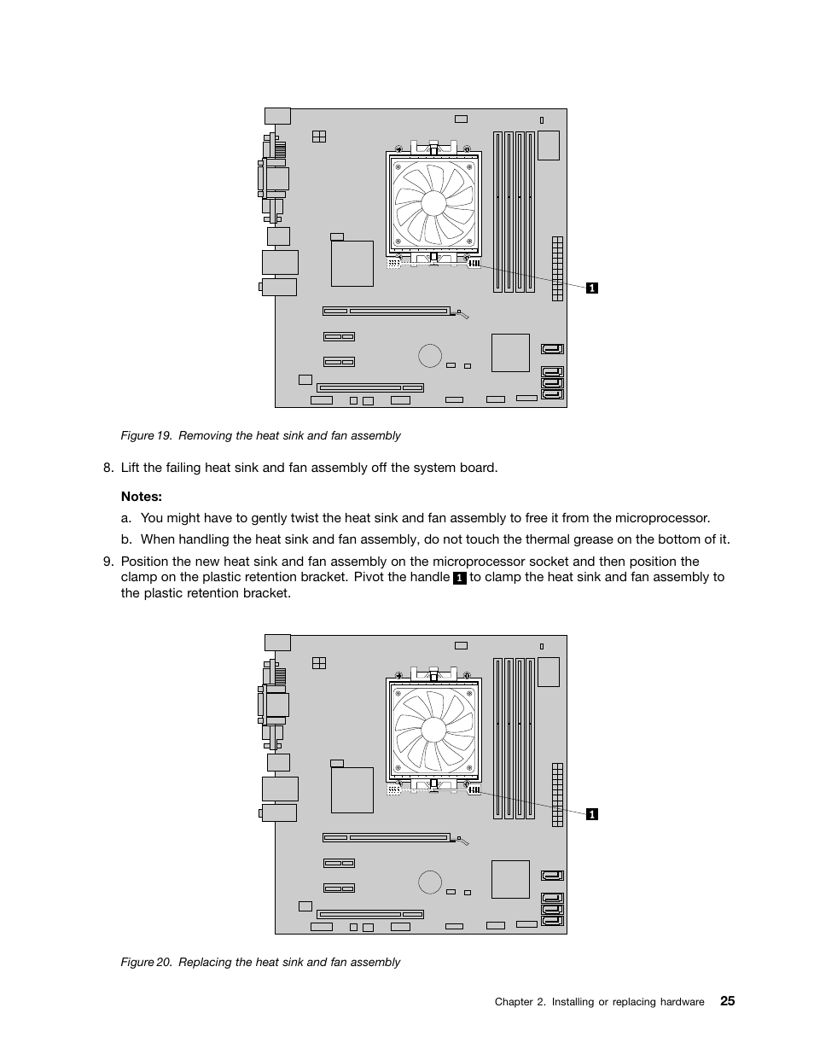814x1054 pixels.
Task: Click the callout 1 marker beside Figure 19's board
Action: coord(592,288)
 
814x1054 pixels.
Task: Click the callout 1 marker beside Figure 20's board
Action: coord(592,814)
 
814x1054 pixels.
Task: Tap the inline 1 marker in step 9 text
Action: coord(460,578)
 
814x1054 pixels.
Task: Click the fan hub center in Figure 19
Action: coord(433,203)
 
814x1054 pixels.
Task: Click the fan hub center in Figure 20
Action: coord(433,730)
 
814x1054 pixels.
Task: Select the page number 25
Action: coord(727,1000)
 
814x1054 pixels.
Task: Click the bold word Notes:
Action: coord(141,497)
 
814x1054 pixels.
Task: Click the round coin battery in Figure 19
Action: coord(430,355)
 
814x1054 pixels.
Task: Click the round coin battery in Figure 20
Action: coord(430,882)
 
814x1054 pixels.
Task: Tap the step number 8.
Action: coord(108,467)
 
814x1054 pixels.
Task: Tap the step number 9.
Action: coord(108,562)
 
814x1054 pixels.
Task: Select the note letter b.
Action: coord(125,539)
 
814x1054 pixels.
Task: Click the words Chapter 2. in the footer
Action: coord(520,1002)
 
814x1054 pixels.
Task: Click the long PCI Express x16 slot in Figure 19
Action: coord(387,312)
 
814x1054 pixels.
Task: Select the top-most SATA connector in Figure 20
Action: coord(552,875)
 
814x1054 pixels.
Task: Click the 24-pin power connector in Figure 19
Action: coord(558,269)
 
